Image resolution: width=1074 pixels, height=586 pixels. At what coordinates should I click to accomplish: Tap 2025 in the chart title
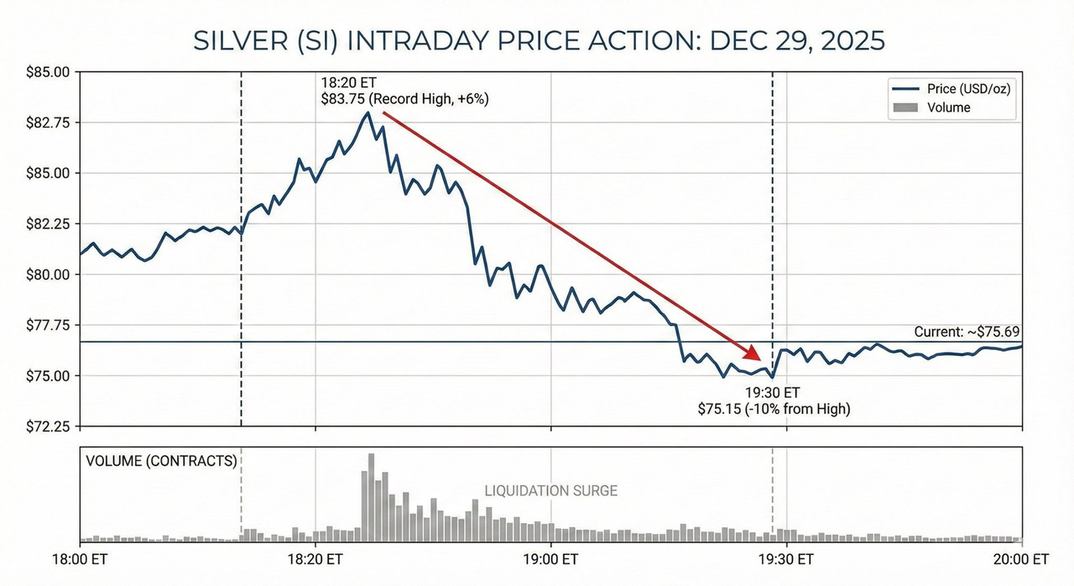[852, 41]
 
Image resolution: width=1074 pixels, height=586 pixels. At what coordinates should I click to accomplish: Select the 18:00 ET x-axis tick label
[81, 559]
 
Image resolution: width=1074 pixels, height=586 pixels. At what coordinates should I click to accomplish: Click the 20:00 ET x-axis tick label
[1021, 559]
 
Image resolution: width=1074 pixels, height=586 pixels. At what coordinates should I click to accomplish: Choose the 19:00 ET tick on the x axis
[550, 559]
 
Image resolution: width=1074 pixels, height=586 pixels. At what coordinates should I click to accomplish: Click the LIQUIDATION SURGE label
[550, 490]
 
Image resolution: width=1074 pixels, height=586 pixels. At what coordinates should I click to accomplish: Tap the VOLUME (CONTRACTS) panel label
[159, 461]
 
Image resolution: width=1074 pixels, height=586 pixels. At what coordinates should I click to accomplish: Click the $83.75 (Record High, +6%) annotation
[404, 99]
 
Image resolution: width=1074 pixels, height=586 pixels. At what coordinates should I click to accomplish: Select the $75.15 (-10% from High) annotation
[774, 409]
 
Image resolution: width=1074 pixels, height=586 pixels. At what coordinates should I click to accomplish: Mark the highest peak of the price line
[368, 112]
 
